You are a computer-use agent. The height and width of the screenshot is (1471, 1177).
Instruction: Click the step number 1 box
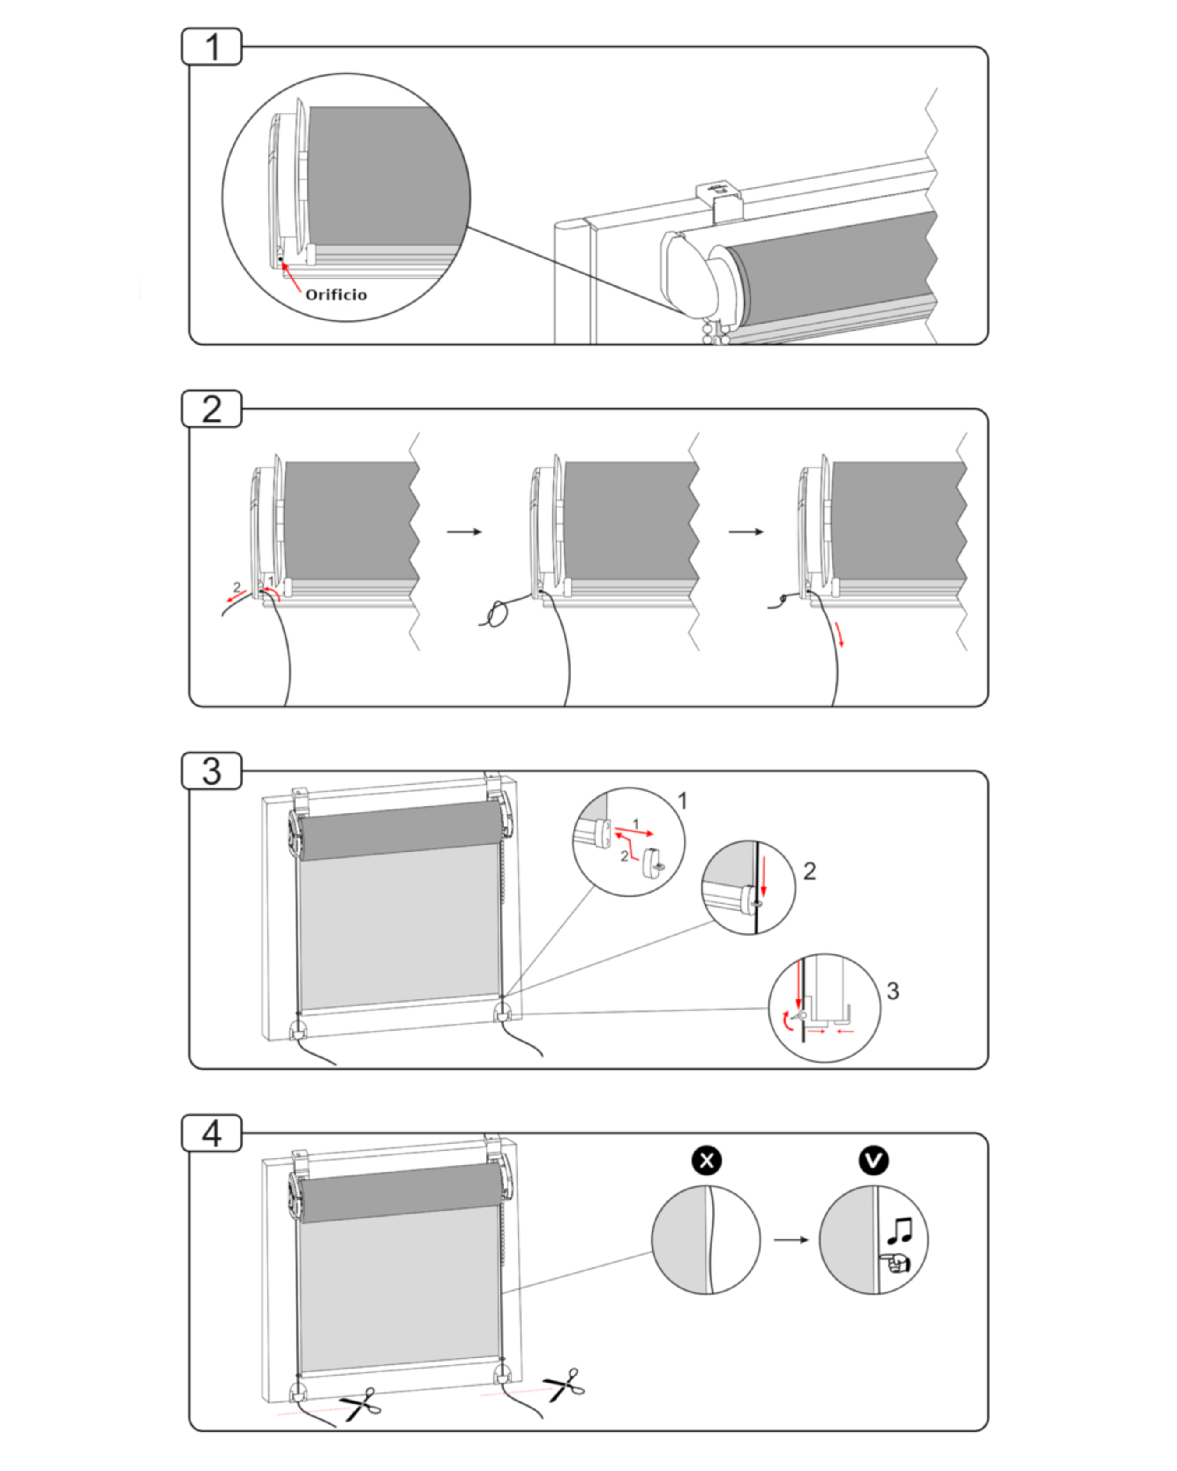pyautogui.click(x=211, y=47)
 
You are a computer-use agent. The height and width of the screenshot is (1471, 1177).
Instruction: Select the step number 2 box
pyautogui.click(x=211, y=409)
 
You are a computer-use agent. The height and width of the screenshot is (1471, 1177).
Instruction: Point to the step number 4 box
pyautogui.click(x=211, y=1133)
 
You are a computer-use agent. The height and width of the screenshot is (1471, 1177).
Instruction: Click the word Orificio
pyautogui.click(x=336, y=295)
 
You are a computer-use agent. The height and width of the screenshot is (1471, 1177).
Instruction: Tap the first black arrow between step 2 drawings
pyautogui.click(x=464, y=532)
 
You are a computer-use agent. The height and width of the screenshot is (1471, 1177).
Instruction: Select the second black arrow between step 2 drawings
pyautogui.click(x=746, y=532)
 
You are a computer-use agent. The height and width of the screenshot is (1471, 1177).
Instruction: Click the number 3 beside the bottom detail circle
pyautogui.click(x=892, y=991)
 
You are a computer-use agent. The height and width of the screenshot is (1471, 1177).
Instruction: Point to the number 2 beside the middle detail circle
pyautogui.click(x=809, y=871)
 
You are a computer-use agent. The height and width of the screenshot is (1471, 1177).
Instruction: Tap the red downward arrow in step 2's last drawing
pyautogui.click(x=841, y=634)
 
